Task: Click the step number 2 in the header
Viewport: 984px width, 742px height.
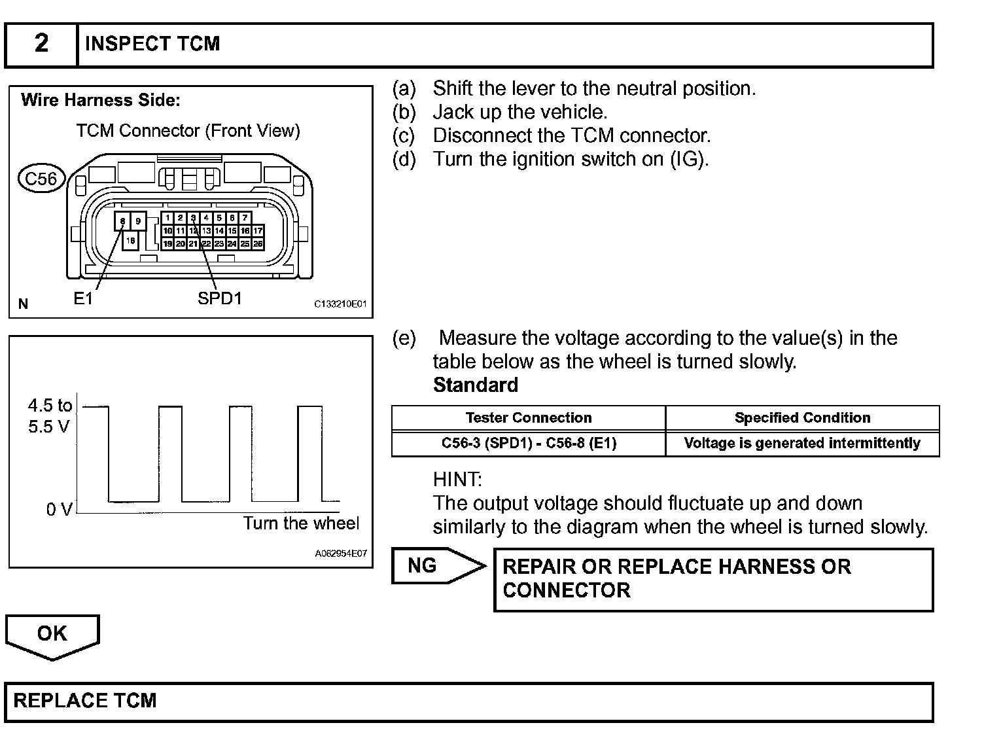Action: pos(41,44)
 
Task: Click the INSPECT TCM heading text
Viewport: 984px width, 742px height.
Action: pos(152,44)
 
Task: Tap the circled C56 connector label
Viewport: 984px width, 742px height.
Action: pos(41,178)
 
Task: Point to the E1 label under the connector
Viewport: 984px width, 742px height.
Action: pos(83,299)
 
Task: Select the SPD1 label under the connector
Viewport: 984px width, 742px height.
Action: pos(220,298)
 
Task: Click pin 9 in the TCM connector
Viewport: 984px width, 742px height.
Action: pos(138,221)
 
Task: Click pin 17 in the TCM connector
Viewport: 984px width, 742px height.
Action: pos(258,230)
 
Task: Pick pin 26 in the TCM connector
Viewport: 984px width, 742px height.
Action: pos(258,243)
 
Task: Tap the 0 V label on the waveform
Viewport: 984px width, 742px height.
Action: pos(58,509)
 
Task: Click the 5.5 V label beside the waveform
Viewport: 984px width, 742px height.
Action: pos(48,427)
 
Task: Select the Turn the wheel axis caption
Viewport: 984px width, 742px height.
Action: pos(301,523)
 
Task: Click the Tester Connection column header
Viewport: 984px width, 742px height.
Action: pos(529,417)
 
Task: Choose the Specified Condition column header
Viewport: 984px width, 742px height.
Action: pos(802,417)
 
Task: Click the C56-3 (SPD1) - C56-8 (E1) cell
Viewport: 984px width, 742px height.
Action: pos(529,443)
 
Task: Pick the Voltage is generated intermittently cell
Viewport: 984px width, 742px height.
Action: pos(802,443)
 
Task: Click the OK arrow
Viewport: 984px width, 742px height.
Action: pos(52,635)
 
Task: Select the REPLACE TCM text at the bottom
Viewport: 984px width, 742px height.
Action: pos(85,701)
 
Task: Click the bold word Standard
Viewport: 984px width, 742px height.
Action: pos(476,385)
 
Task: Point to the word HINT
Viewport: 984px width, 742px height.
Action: pos(457,480)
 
